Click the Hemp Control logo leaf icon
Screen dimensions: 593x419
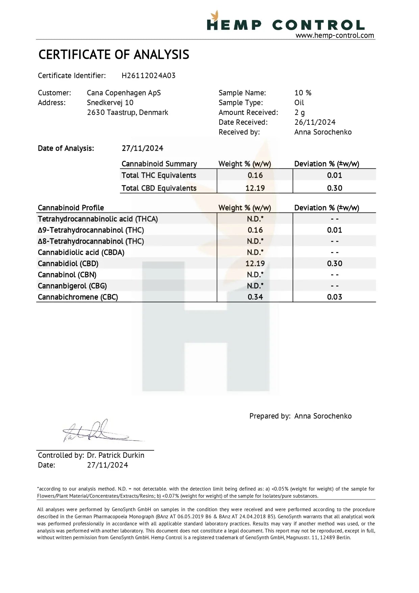pyautogui.click(x=215, y=16)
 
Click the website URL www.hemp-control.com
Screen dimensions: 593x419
pyautogui.click(x=335, y=35)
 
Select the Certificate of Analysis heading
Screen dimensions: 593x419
pyautogui.click(x=114, y=55)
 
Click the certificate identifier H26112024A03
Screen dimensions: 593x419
pyautogui.click(x=148, y=76)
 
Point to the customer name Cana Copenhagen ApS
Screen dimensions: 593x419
pyautogui.click(x=124, y=93)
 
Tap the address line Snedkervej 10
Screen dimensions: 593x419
pyautogui.click(x=110, y=103)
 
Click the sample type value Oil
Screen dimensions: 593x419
pyautogui.click(x=299, y=103)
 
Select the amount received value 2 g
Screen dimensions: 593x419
pyautogui.click(x=299, y=113)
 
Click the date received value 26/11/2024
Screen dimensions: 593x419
pyautogui.click(x=315, y=122)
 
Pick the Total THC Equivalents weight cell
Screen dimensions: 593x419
pyautogui.click(x=255, y=175)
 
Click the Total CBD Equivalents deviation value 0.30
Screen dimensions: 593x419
pyautogui.click(x=335, y=188)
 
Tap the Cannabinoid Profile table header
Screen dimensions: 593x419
pyautogui.click(x=71, y=208)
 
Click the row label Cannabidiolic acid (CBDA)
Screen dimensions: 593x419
pyautogui.click(x=81, y=253)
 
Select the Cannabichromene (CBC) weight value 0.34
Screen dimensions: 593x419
pyautogui.click(x=255, y=297)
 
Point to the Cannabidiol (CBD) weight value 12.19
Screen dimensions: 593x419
pyautogui.click(x=255, y=264)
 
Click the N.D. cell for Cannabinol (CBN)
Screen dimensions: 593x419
pyautogui.click(x=255, y=275)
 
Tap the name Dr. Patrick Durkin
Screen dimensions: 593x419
pyautogui.click(x=116, y=455)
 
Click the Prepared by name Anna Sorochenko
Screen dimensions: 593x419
pyautogui.click(x=323, y=416)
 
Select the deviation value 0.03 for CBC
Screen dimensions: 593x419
pyautogui.click(x=335, y=297)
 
